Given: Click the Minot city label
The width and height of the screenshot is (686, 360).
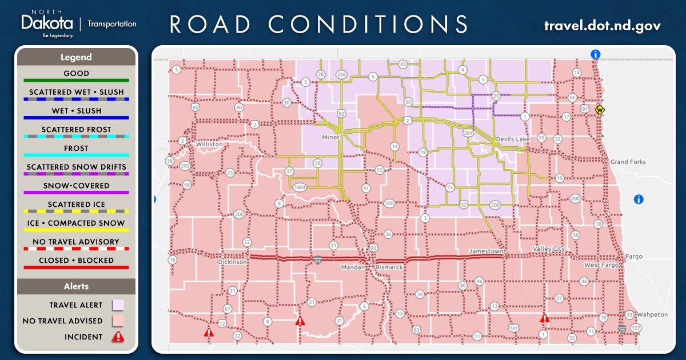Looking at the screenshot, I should click(330, 137).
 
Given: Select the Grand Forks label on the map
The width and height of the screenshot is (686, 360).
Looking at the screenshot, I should click(628, 162).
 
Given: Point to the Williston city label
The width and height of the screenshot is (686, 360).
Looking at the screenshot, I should click(209, 145).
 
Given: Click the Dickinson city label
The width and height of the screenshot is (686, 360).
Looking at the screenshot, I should click(233, 262).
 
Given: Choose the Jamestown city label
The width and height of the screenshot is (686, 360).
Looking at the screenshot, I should click(486, 251).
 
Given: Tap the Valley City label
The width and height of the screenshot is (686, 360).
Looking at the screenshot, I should click(548, 249).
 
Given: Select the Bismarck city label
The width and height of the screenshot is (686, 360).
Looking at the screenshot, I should click(389, 267).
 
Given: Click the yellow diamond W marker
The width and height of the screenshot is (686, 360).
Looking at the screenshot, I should click(600, 110).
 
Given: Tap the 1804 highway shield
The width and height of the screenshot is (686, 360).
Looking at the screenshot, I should click(300, 187).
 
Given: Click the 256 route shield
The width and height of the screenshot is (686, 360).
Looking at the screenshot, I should click(342, 75).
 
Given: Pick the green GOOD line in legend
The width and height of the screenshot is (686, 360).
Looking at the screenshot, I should click(76, 81).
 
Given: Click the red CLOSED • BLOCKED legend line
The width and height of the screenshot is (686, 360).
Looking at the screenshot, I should click(76, 267).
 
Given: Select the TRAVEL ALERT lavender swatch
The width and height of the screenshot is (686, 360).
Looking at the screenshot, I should click(118, 305).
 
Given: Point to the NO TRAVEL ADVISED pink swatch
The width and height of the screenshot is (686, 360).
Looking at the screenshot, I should click(118, 321).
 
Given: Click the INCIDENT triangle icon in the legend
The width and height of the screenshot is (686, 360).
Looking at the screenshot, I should click(118, 337).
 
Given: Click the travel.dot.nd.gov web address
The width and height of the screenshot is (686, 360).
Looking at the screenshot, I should click(603, 26).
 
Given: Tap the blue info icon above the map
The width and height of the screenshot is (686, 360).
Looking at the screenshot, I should click(596, 54).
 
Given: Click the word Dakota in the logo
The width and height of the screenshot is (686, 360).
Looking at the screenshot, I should click(47, 23).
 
